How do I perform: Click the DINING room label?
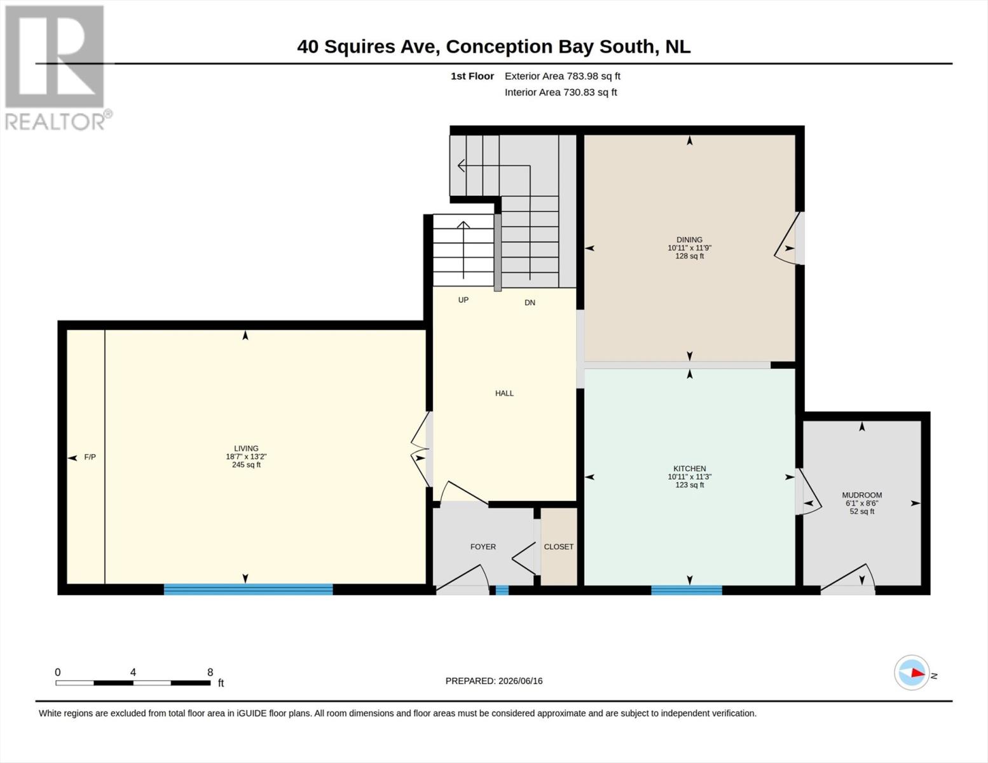click(x=689, y=240)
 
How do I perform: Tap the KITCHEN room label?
click(x=690, y=469)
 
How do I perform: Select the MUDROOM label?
click(x=861, y=495)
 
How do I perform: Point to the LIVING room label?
click(x=246, y=448)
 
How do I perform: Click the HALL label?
click(x=504, y=394)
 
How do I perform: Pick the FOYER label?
click(x=483, y=547)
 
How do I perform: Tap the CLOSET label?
click(x=558, y=547)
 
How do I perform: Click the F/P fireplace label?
click(x=90, y=457)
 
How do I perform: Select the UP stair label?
click(x=463, y=300)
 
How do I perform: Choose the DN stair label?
click(x=530, y=303)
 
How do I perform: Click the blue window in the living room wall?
click(x=248, y=589)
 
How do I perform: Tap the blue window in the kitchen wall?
click(x=687, y=590)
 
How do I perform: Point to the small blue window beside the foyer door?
click(x=502, y=590)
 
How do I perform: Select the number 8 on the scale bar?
click(x=210, y=672)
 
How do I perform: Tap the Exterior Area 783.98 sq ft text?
click(x=563, y=76)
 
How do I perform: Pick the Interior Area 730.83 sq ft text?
click(x=561, y=92)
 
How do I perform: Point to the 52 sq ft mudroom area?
click(x=862, y=512)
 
